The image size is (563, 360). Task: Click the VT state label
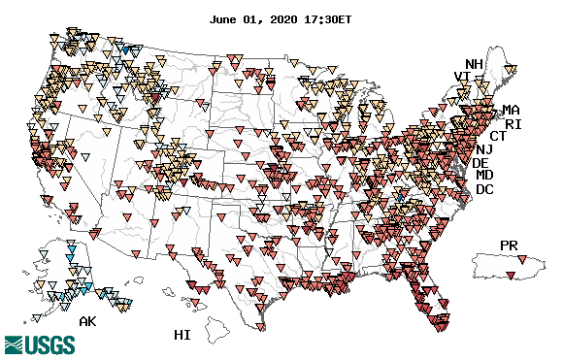[x=463, y=78]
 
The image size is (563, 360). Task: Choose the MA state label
[x=511, y=110]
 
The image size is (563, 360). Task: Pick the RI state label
[x=513, y=124]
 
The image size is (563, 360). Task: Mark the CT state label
[x=498, y=137]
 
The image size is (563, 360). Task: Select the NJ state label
[x=484, y=149]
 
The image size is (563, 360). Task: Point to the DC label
[x=485, y=189]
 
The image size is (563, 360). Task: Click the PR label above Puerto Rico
[x=510, y=245]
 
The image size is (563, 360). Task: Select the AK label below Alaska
[x=88, y=320]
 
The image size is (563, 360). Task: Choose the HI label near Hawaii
[x=182, y=335]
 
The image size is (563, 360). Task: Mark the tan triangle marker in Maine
[x=512, y=69]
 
